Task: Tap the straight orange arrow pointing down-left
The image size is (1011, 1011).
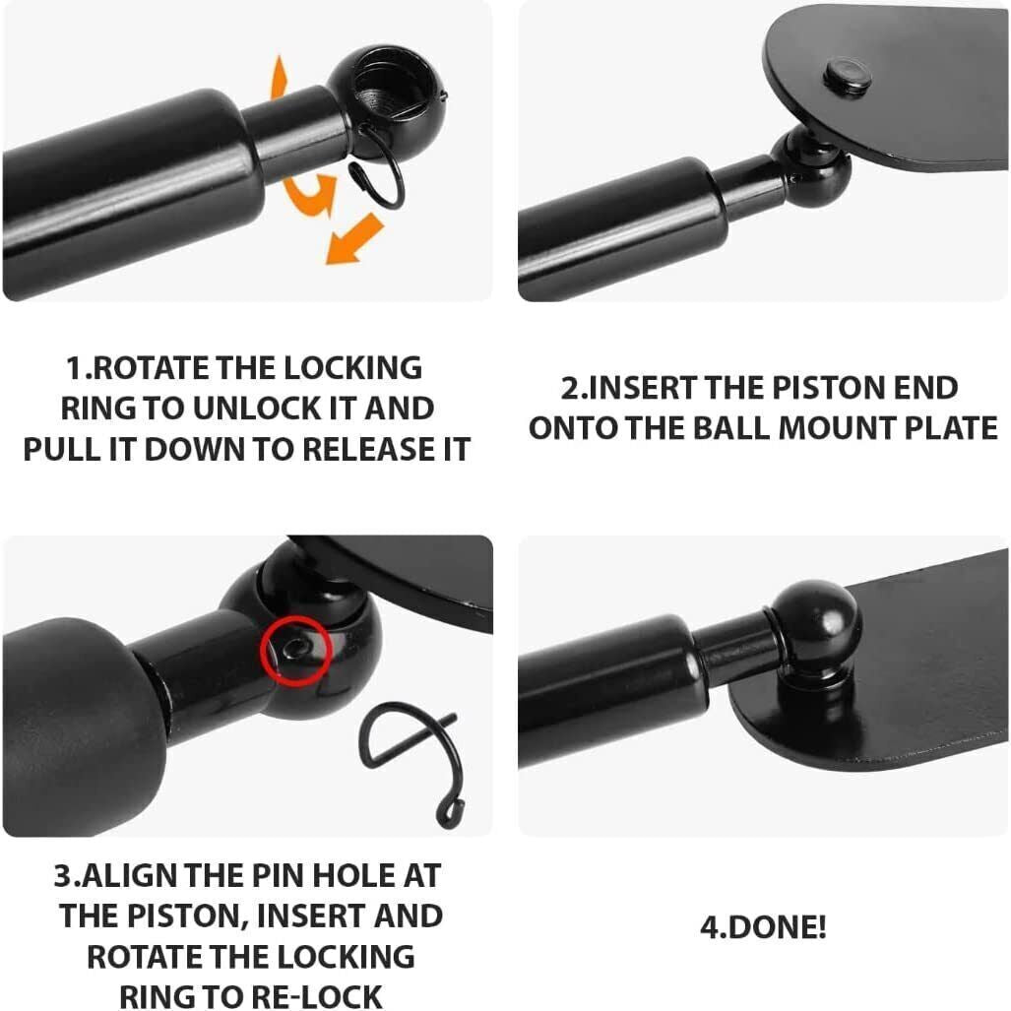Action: click(x=353, y=240)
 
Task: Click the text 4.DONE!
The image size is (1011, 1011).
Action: click(x=763, y=927)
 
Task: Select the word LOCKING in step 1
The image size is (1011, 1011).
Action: click(x=353, y=368)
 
